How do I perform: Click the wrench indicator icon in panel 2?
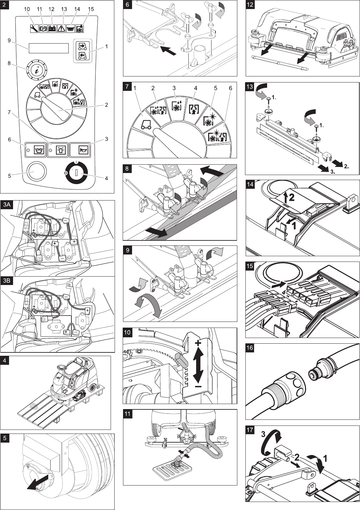34,29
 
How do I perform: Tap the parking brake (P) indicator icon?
43,29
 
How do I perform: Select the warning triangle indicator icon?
61,29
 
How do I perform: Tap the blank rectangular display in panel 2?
49,48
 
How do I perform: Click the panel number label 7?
127,86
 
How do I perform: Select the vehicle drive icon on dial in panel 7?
146,125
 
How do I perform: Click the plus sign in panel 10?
198,343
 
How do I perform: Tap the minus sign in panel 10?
198,387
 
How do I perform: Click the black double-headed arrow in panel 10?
198,365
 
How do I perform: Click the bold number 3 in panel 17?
263,434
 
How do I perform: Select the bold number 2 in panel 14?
292,197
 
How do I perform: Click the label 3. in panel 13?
333,172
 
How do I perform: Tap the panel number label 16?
250,348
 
